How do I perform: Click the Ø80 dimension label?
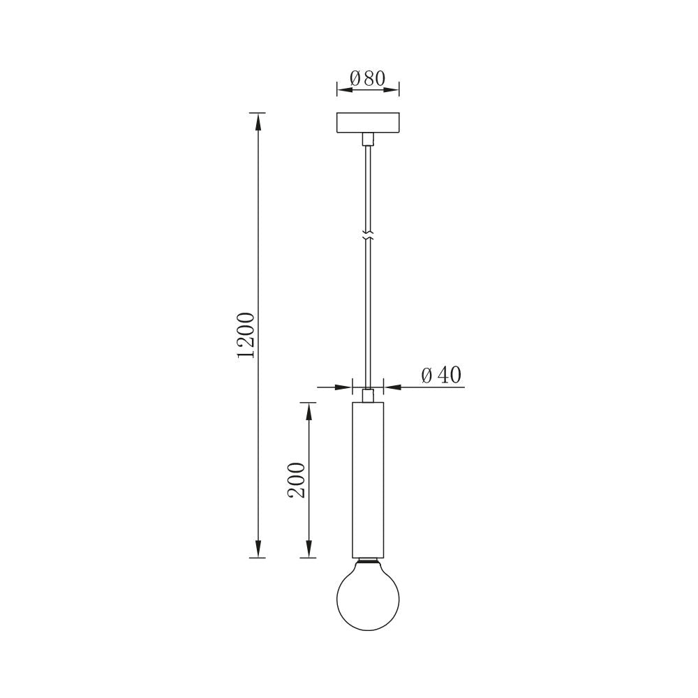(368, 78)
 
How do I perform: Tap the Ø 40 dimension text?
(441, 376)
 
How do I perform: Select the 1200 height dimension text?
(246, 336)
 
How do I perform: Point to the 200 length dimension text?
(297, 480)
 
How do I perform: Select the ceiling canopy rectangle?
(368, 123)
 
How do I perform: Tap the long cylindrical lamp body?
(368, 480)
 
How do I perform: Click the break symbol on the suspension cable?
(368, 235)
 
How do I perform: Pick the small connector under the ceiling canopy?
(368, 140)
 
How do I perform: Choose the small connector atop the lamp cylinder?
(368, 396)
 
